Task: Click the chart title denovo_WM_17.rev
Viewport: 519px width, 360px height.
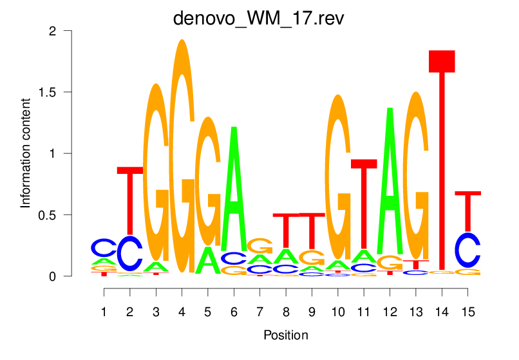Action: coord(259,17)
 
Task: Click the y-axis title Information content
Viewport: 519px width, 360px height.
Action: coord(26,153)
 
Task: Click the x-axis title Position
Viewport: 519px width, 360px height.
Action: coord(286,336)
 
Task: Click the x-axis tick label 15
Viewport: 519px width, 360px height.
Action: coord(468,312)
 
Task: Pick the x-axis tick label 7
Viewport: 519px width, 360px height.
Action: coord(259,312)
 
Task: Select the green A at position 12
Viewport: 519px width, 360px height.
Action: coord(390,180)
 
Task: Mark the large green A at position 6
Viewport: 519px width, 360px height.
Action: coord(234,193)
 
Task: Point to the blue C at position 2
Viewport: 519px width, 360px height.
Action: coord(130,254)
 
